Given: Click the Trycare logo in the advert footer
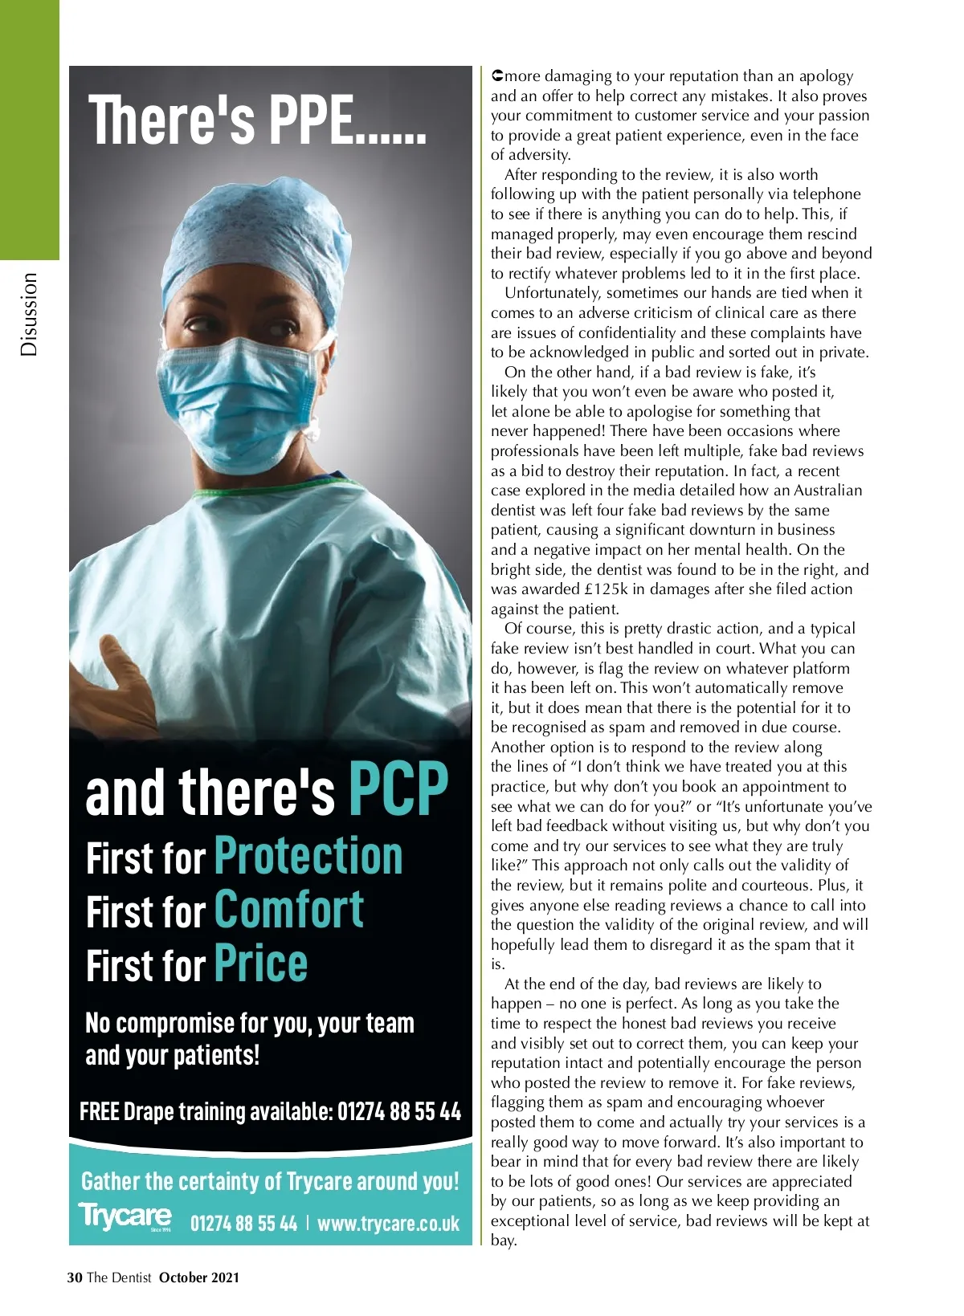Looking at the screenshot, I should click(x=125, y=1216).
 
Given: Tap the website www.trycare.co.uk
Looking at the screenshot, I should click(x=388, y=1224).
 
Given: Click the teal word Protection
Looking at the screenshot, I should click(x=308, y=856).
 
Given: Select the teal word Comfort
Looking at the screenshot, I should click(x=289, y=911).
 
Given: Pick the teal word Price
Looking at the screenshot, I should click(x=261, y=964).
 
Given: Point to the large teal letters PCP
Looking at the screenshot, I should click(x=398, y=789).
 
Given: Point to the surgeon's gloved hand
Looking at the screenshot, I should click(x=120, y=699).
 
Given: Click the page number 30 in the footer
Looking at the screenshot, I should click(x=75, y=1277).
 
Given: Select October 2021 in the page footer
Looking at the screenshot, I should click(x=199, y=1277).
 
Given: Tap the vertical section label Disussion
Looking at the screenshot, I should click(x=29, y=314).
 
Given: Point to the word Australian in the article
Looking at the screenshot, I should click(x=827, y=491).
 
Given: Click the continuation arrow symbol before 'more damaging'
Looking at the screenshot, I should click(x=497, y=76).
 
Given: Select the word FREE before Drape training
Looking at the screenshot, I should click(x=100, y=1111).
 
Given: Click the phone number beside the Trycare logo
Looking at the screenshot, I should click(x=243, y=1224).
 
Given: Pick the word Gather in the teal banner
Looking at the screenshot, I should click(x=110, y=1181).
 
